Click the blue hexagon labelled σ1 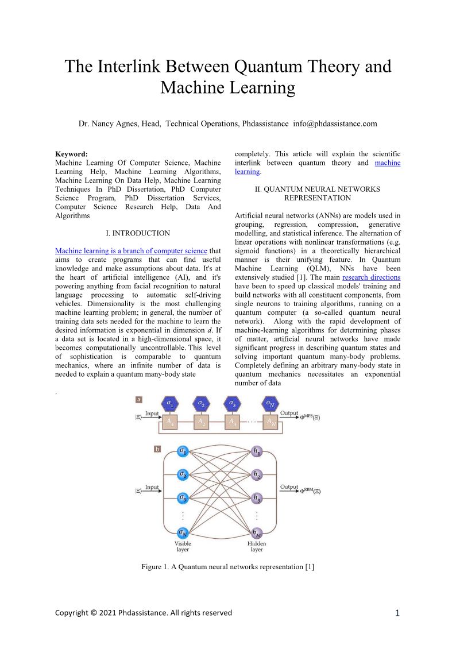coord(171,404)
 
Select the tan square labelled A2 coord(201,423)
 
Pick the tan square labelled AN coord(271,423)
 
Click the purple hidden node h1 coord(257,451)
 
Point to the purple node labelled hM coord(257,532)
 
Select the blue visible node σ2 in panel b coord(183,474)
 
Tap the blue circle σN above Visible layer coord(183,532)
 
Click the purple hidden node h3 coord(257,497)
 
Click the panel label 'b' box coord(157,449)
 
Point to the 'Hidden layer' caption coord(257,546)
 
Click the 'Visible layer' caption coord(183,546)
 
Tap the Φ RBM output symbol coord(310,490)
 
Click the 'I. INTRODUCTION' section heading coord(138,233)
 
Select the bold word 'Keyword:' coord(71,154)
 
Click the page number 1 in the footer coord(397,613)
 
